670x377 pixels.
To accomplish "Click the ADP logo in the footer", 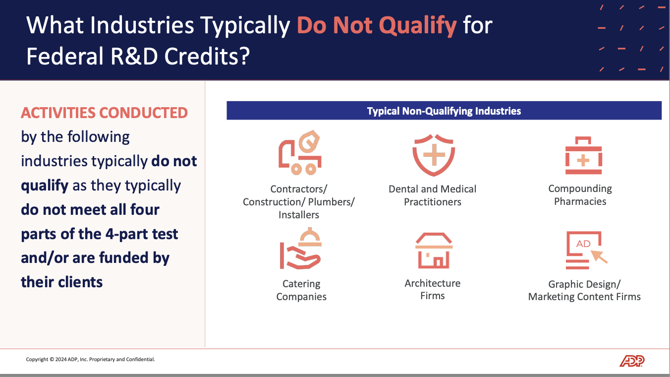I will coord(632,361).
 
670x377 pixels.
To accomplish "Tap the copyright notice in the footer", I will coord(90,360).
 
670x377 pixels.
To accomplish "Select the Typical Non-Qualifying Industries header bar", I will coord(444,111).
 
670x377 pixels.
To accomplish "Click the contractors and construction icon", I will coord(299,153).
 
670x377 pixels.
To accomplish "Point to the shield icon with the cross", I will coord(434,155).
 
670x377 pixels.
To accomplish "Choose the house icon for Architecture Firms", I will coord(434,251).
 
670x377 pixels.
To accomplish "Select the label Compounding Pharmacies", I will coord(580,195).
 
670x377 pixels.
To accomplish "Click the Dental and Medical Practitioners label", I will coord(432,195).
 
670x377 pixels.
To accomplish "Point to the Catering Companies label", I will coord(301,290).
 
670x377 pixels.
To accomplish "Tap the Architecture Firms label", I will coord(432,289).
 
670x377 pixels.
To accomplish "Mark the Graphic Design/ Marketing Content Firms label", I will coord(584,290).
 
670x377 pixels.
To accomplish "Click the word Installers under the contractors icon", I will coord(298,215).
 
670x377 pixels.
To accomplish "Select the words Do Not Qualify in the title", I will coord(377,25).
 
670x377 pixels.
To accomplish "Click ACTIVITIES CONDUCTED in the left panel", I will coord(104,113).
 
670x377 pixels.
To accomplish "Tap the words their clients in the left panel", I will coord(62,282).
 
